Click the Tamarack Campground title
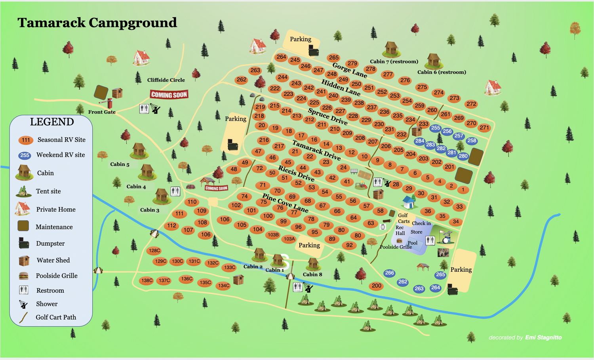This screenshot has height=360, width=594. [97, 23]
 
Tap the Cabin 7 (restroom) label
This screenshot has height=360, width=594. [394, 61]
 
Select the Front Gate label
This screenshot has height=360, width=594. [102, 112]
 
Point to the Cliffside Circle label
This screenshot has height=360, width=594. [166, 80]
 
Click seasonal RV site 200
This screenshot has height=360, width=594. [376, 286]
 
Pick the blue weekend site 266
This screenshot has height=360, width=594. [389, 273]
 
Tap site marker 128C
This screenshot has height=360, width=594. [154, 250]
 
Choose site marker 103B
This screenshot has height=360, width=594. [273, 235]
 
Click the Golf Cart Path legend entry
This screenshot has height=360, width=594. [55, 317]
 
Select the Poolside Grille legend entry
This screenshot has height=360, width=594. [56, 276]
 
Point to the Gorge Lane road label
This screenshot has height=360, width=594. [350, 70]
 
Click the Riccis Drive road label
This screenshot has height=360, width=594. [296, 173]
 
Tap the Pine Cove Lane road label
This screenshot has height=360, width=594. [285, 203]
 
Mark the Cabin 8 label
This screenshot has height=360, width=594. [312, 274]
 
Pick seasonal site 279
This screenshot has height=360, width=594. [352, 63]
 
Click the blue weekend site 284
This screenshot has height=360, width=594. [419, 141]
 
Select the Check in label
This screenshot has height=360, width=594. [421, 223]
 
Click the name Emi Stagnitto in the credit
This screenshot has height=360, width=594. [543, 337]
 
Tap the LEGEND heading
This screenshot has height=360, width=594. [52, 122]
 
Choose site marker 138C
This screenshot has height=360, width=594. [147, 280]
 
